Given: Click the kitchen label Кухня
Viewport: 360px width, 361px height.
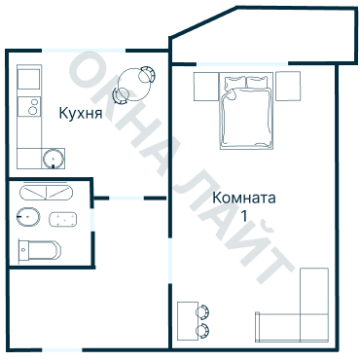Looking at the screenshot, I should point(80,113).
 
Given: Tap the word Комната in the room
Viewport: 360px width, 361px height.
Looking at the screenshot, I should point(244,198).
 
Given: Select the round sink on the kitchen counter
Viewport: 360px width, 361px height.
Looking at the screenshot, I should point(53,156).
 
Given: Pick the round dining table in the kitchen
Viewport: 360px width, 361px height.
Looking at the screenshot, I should point(132,84).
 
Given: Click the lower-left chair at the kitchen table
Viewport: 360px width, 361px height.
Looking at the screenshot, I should point(120,95).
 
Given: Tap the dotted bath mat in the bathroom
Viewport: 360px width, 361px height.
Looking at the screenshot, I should point(64,218).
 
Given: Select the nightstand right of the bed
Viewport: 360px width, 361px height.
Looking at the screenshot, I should point(288,86).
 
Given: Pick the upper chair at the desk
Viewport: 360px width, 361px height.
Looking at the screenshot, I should point(203,311).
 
